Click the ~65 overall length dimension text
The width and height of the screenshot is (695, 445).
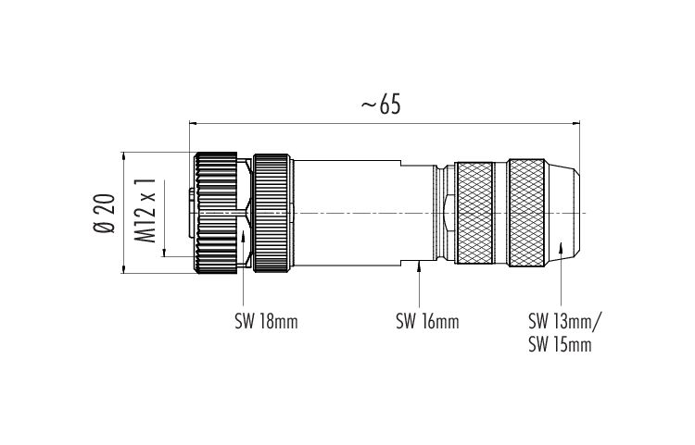point(381,105)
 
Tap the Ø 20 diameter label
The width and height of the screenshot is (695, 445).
point(105,213)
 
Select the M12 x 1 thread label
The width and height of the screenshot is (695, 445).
point(145,211)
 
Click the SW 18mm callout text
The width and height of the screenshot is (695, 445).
point(266,322)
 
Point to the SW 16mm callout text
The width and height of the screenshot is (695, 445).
point(427,322)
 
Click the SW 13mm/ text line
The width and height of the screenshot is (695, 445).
point(565,321)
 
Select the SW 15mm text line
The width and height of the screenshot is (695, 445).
point(560,344)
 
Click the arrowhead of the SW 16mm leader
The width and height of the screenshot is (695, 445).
point(419,266)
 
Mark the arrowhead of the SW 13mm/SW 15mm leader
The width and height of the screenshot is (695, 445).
point(561,246)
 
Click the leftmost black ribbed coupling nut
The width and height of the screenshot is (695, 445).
point(216,213)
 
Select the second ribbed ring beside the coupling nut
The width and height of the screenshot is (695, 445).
point(272,213)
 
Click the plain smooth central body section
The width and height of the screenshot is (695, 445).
point(347,213)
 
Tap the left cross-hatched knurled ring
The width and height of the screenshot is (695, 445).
point(474,213)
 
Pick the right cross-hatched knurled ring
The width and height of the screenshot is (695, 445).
point(526,213)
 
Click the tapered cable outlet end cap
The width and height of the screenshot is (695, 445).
point(563,213)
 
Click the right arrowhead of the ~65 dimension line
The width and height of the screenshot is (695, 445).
point(576,124)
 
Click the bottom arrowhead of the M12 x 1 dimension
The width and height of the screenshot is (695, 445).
point(164,253)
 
